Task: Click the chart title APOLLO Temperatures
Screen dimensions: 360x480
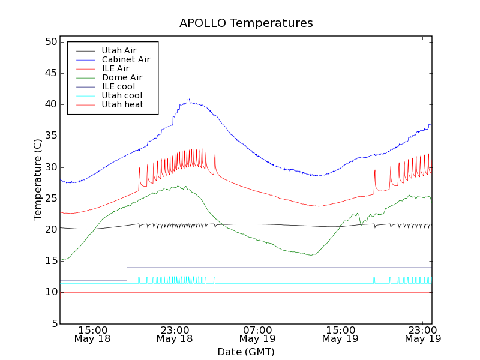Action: pyautogui.click(x=246, y=23)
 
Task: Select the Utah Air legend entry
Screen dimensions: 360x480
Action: pyautogui.click(x=118, y=50)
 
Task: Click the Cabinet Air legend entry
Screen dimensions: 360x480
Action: pyautogui.click(x=125, y=59)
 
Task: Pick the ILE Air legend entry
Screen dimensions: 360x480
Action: pyautogui.click(x=115, y=68)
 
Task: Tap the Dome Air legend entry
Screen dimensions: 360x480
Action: pyautogui.click(x=122, y=77)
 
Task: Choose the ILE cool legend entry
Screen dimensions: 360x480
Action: pyautogui.click(x=118, y=86)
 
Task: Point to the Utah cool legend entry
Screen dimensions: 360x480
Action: pyautogui.click(x=122, y=95)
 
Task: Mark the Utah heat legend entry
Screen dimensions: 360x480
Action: pyautogui.click(x=122, y=104)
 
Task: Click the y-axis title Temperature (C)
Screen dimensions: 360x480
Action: pyautogui.click(x=38, y=179)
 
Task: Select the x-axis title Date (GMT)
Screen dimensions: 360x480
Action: pyautogui.click(x=246, y=352)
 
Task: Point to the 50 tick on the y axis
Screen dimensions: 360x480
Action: pyautogui.click(x=50, y=42)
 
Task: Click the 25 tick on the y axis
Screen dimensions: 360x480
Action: pyautogui.click(x=50, y=199)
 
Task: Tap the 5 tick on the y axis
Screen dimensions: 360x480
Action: pyautogui.click(x=53, y=324)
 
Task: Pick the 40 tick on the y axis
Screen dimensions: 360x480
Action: pyautogui.click(x=50, y=104)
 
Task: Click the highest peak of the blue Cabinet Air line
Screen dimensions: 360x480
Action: pyautogui.click(x=189, y=99)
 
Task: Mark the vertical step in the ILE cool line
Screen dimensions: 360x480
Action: pyautogui.click(x=127, y=274)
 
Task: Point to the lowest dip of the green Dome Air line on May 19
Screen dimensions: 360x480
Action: pyautogui.click(x=311, y=255)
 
